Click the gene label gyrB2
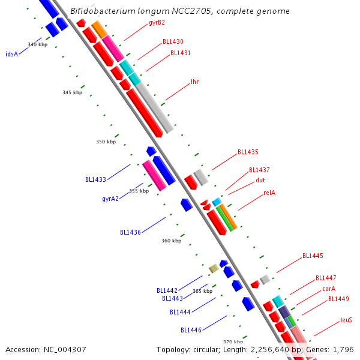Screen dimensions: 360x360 (157, 23)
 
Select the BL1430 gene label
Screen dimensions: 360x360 (173, 42)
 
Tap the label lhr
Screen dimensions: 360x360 (194, 82)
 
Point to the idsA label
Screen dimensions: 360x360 (11, 54)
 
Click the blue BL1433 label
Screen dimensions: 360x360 (95, 179)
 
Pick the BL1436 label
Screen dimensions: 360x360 (130, 232)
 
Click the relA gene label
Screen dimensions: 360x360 (269, 193)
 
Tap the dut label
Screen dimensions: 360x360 (260, 180)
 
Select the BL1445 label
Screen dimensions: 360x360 (313, 256)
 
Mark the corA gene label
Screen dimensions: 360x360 (329, 289)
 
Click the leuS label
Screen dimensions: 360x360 (346, 320)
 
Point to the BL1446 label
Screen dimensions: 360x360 (191, 330)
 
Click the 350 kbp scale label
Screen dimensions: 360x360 (106, 142)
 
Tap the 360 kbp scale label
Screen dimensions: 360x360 (171, 241)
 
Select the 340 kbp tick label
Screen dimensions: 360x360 (37, 45)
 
